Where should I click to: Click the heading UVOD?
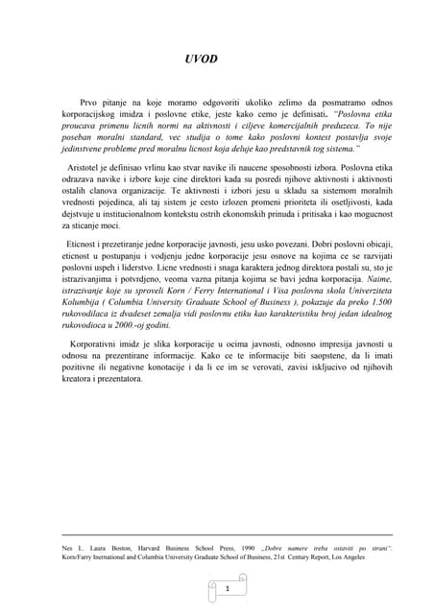point(201,59)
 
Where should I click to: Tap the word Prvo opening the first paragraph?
point(92,101)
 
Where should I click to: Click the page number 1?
point(228,587)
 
